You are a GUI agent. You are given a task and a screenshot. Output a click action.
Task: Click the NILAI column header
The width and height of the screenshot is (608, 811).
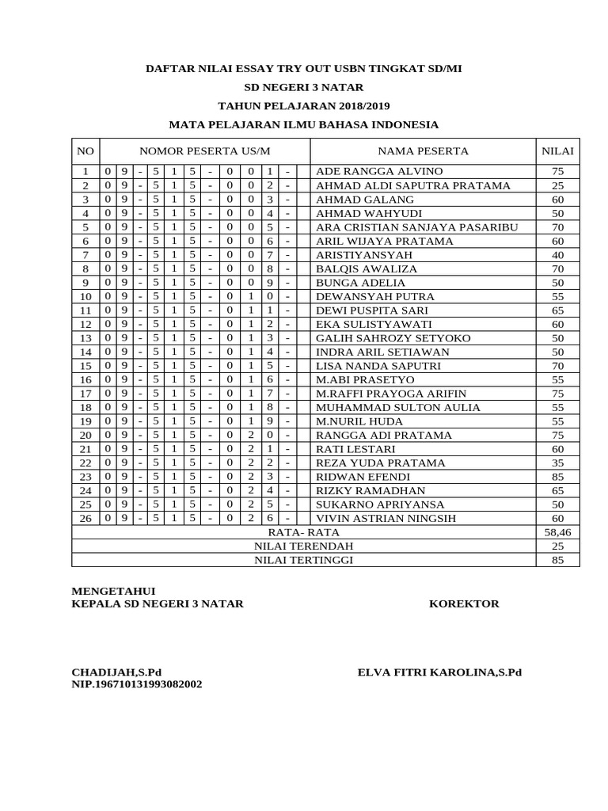(557, 151)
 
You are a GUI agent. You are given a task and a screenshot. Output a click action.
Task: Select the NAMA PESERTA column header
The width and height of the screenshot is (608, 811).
(423, 151)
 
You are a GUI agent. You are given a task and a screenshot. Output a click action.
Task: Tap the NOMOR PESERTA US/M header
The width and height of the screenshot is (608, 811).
(204, 151)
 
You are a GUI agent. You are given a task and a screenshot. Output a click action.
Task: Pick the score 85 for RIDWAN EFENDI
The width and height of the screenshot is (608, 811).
(557, 477)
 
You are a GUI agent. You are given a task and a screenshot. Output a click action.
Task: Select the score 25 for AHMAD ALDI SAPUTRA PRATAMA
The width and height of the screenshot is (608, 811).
(557, 185)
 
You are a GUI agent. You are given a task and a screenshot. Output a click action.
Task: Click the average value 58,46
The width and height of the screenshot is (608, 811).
(557, 532)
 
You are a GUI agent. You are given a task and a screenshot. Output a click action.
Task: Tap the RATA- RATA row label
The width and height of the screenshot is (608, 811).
(304, 532)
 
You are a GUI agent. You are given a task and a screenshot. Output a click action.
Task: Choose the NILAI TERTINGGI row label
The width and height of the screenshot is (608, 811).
(304, 560)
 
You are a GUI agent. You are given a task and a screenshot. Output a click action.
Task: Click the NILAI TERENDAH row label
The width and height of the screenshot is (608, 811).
(304, 546)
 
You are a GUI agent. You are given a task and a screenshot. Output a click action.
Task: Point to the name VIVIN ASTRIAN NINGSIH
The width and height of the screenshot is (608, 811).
(386, 519)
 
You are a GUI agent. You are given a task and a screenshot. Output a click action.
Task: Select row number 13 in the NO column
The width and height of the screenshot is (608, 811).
(85, 338)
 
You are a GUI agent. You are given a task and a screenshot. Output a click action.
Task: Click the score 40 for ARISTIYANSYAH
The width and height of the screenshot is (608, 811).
(557, 255)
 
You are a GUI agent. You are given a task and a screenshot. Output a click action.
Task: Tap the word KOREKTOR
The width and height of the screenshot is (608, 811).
(464, 603)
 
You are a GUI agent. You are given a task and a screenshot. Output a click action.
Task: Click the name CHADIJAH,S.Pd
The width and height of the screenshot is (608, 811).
(116, 672)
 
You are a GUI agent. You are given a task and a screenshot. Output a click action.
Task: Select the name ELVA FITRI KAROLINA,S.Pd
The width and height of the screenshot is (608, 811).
(439, 672)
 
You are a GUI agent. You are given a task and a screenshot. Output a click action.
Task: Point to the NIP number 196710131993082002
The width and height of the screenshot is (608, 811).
(137, 684)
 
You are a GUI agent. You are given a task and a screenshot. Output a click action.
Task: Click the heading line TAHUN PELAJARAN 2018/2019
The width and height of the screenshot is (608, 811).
(304, 106)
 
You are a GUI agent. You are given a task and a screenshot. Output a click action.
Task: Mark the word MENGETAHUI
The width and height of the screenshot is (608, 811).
(113, 591)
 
